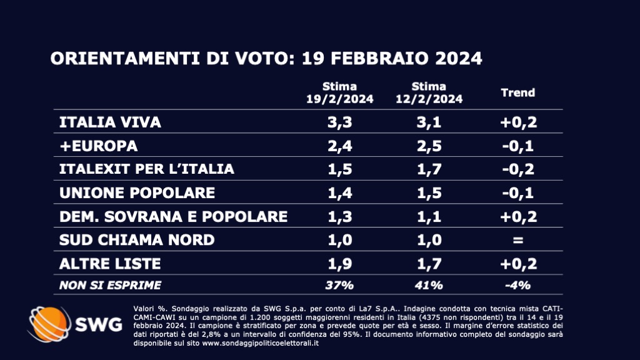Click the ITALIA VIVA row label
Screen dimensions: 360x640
(x=109, y=122)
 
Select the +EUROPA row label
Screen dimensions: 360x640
(x=97, y=146)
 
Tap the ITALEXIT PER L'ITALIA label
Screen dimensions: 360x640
(x=147, y=169)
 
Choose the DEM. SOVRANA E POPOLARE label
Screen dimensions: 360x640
(x=172, y=216)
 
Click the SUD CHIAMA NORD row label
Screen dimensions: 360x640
(x=136, y=240)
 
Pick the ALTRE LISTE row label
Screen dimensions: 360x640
(x=110, y=264)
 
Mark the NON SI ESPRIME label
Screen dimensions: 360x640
(x=109, y=285)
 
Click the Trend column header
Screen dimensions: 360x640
(x=518, y=92)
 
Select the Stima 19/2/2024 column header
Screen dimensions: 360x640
(x=339, y=92)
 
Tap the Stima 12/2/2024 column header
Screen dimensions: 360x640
(x=429, y=92)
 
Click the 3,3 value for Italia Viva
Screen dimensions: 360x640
(x=339, y=122)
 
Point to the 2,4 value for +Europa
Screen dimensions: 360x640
(x=339, y=146)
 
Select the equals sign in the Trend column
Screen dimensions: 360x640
(x=518, y=240)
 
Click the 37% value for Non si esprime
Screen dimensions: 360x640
(x=339, y=285)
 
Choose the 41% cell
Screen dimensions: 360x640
(x=429, y=285)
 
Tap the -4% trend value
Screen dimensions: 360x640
(x=518, y=285)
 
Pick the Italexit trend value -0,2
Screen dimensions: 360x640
(x=518, y=169)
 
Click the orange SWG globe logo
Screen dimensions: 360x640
(x=48, y=324)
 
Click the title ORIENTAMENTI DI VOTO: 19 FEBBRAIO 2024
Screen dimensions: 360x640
(x=266, y=59)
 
